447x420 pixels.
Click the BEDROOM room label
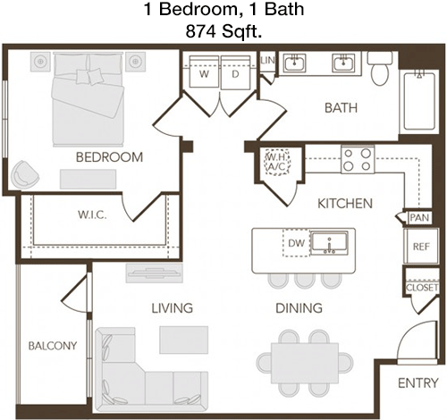click(x=109, y=157)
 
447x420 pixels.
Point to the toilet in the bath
click(x=380, y=69)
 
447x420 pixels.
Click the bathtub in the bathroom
click(x=419, y=100)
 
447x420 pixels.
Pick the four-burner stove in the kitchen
click(x=358, y=159)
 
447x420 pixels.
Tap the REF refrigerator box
click(x=421, y=246)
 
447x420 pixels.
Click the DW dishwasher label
click(x=296, y=243)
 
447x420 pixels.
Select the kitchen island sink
click(x=329, y=243)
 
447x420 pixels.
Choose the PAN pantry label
click(x=419, y=217)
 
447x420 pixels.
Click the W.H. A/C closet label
click(x=277, y=162)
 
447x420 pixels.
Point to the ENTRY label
click(x=418, y=382)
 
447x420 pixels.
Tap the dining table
click(x=305, y=363)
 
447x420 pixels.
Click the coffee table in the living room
click(x=183, y=340)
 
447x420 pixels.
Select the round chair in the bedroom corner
click(x=25, y=174)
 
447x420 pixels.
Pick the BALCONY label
click(x=53, y=346)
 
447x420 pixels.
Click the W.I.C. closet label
click(x=92, y=214)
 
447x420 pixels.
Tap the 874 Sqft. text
click(x=223, y=31)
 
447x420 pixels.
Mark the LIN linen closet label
click(x=267, y=61)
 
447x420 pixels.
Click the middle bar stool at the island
click(x=305, y=281)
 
